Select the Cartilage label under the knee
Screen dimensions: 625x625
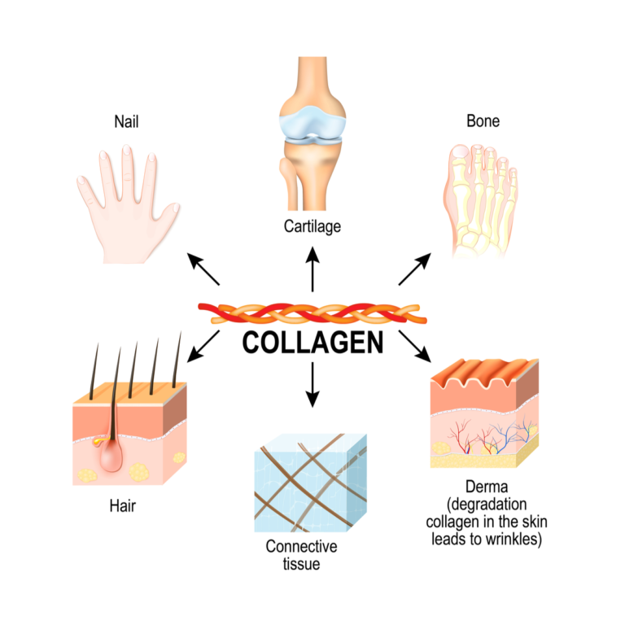click(x=312, y=225)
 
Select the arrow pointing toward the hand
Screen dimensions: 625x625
click(x=203, y=269)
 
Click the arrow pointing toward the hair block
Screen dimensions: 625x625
click(x=203, y=343)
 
